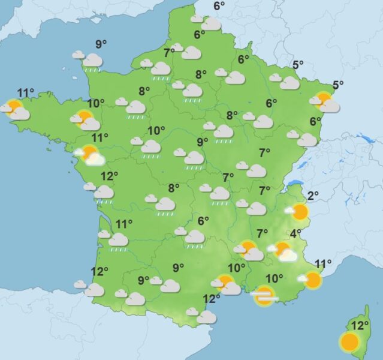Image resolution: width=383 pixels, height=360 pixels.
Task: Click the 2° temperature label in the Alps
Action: click(x=313, y=195)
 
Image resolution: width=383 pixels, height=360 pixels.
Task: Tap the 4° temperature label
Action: click(x=296, y=233)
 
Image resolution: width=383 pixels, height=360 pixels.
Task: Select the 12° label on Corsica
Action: click(x=360, y=326)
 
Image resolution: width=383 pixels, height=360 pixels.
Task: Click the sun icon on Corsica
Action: click(x=349, y=343)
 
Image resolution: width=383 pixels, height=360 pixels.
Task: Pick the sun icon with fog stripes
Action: click(x=264, y=295)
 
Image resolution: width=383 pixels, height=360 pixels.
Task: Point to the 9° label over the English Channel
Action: click(x=101, y=43)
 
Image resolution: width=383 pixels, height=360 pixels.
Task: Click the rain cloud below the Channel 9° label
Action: click(x=92, y=61)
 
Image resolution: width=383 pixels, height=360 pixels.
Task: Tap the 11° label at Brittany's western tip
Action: click(x=25, y=92)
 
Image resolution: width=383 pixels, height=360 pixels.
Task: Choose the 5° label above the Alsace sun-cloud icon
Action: click(x=338, y=85)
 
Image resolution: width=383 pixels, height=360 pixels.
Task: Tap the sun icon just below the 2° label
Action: click(x=299, y=211)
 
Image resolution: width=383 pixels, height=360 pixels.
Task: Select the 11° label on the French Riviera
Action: click(x=323, y=263)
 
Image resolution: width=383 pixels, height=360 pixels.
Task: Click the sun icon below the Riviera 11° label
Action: click(x=312, y=280)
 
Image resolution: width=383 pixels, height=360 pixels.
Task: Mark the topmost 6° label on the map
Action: click(x=219, y=6)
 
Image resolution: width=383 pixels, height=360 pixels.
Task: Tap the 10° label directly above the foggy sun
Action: click(x=275, y=278)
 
